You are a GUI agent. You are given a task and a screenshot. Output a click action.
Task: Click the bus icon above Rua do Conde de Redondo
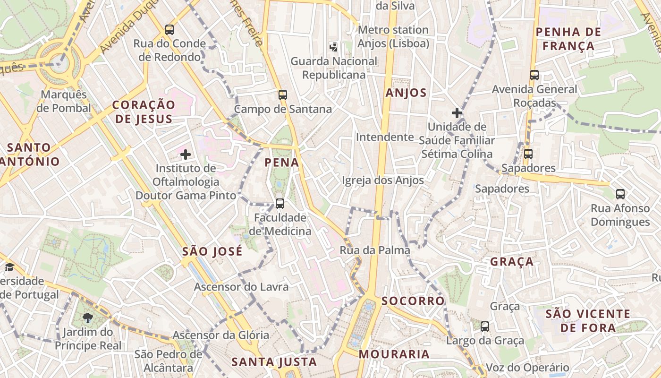tap(169, 30)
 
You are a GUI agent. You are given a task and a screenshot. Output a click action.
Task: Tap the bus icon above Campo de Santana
tap(283, 95)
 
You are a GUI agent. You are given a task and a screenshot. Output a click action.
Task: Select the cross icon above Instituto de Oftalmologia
tap(186, 154)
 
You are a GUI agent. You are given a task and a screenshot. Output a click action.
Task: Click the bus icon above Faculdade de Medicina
tap(280, 204)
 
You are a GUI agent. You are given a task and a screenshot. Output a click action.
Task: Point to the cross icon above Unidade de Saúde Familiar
tap(457, 113)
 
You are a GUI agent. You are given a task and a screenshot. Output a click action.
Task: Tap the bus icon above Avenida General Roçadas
tap(534, 75)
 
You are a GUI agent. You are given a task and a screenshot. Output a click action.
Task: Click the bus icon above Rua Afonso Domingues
tap(620, 194)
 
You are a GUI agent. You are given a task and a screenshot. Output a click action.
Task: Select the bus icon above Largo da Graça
tap(485, 326)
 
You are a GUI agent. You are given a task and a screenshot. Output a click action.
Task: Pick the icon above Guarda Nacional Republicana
tap(334, 47)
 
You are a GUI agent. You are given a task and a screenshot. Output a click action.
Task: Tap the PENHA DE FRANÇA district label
tap(568, 39)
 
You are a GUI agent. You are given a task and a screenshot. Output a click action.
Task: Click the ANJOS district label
tap(406, 93)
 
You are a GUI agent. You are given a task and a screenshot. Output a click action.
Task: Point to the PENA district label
tap(282, 163)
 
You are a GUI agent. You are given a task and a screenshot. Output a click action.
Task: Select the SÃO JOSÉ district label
tap(212, 251)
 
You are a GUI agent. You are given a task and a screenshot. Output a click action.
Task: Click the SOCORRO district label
tap(413, 301)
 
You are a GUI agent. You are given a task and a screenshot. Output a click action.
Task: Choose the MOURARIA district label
tap(394, 354)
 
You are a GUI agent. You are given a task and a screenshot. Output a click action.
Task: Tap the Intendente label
tap(385, 137)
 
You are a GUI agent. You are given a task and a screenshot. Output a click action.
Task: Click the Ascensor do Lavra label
tap(241, 287)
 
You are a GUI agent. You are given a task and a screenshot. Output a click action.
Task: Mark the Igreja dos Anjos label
tap(383, 180)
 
